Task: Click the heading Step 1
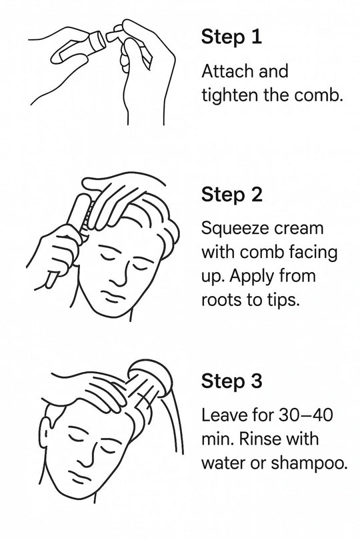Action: [x=231, y=37]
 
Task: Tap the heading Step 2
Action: [x=232, y=195]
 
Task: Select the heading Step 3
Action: [x=232, y=381]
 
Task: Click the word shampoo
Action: [x=309, y=463]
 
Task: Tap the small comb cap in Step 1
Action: [x=113, y=35]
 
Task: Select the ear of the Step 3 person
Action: [x=45, y=435]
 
